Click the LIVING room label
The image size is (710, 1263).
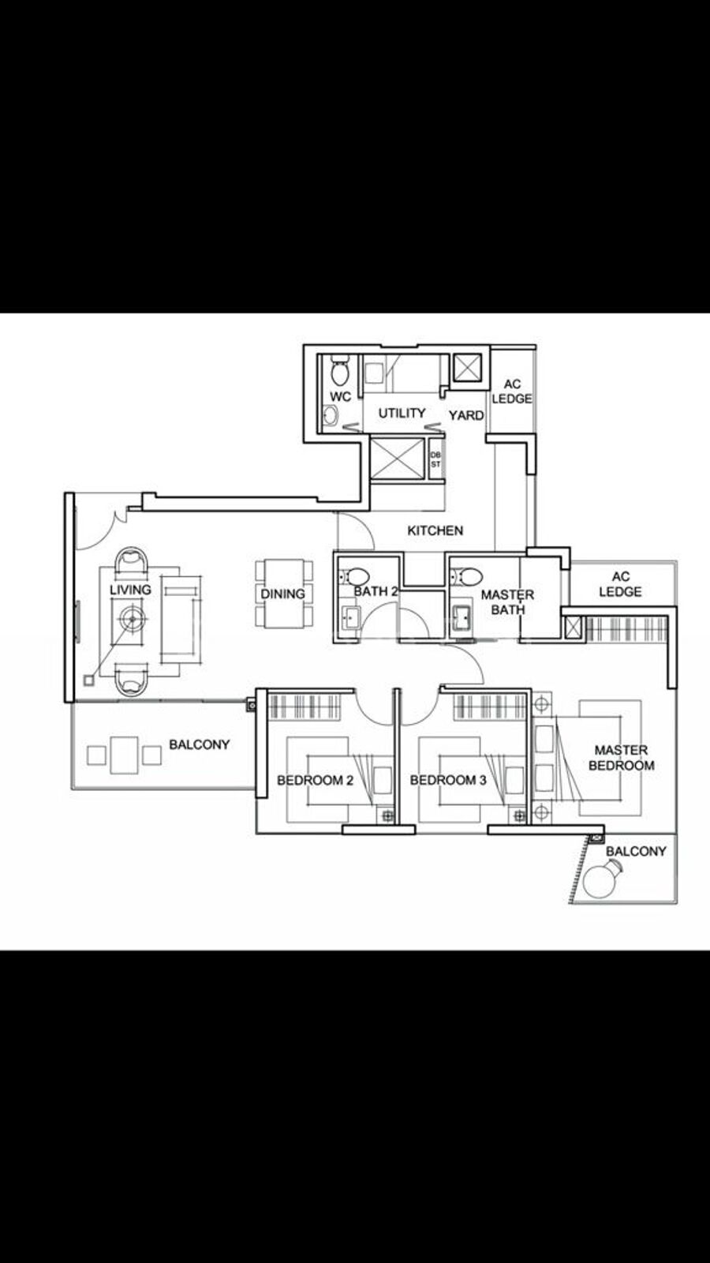130,590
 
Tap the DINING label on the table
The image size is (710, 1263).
282,594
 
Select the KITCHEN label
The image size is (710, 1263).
435,530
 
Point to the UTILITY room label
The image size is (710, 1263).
402,414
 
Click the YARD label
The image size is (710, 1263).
466,415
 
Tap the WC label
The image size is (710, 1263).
340,397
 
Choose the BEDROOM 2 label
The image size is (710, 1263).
315,781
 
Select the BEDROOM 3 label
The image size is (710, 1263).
448,781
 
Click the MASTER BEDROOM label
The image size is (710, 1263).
622,758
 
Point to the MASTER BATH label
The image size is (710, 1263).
508,602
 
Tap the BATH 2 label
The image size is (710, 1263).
376,591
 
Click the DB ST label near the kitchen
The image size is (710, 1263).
435,460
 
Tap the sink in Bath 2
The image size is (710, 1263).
350,617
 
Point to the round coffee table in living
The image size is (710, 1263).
133,619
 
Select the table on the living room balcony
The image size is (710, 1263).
125,755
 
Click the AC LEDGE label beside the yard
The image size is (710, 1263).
512,392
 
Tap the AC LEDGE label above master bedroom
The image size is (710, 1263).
620,584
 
